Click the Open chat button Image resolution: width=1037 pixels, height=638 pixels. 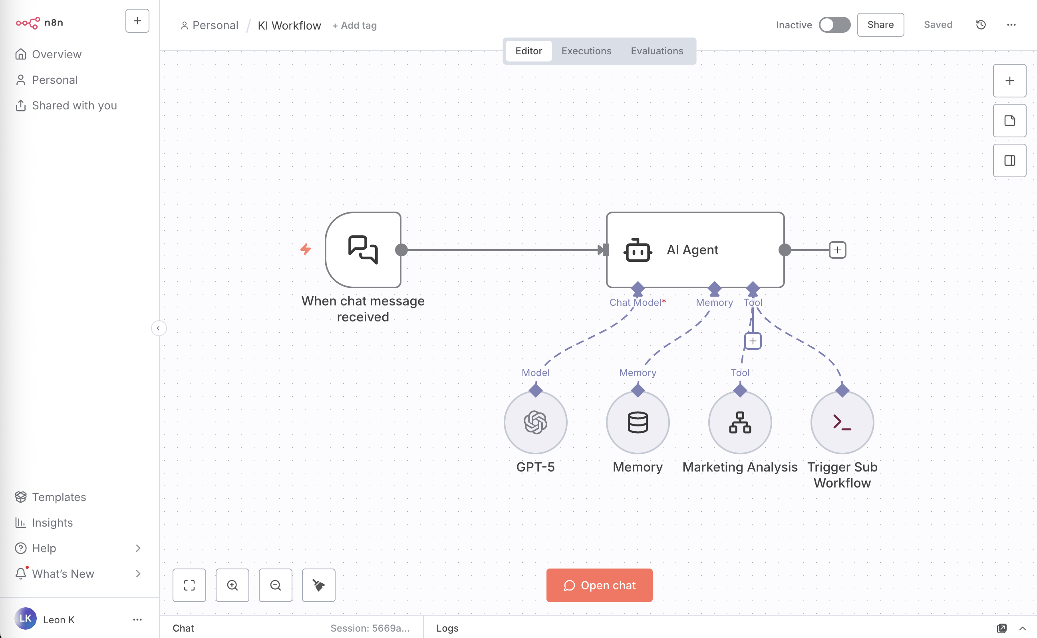click(x=599, y=585)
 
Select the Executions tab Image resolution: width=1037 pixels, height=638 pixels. click(x=586, y=51)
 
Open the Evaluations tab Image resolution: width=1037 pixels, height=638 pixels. click(x=657, y=51)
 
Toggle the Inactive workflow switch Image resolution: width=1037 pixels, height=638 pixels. click(x=834, y=25)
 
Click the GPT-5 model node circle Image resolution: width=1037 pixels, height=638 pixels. click(x=535, y=422)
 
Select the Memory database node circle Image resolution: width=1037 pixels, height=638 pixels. click(x=637, y=422)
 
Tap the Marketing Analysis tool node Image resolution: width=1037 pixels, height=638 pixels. click(x=739, y=422)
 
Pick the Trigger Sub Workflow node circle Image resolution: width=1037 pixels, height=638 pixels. click(x=842, y=422)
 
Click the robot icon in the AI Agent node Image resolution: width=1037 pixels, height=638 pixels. click(x=637, y=250)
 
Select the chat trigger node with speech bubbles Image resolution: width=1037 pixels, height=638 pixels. click(x=363, y=250)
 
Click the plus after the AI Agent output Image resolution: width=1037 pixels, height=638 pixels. click(x=837, y=250)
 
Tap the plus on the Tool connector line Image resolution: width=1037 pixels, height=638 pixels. click(x=753, y=341)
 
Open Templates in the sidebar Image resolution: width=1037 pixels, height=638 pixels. click(x=59, y=497)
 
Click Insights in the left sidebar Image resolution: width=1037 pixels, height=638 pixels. click(x=52, y=522)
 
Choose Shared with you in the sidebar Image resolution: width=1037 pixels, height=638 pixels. click(x=74, y=105)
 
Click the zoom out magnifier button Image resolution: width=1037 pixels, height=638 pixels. click(x=275, y=585)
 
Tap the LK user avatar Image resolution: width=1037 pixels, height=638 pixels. click(x=25, y=618)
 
